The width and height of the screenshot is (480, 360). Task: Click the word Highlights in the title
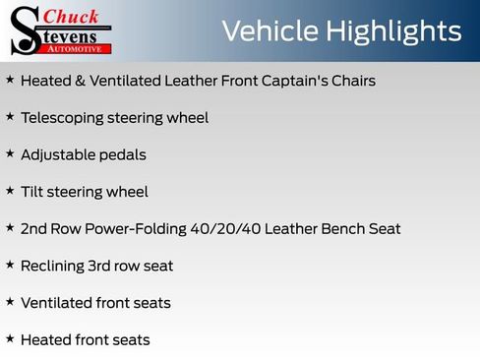[398, 31]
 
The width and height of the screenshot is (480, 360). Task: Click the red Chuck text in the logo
[70, 17]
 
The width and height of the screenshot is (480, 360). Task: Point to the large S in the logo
[24, 30]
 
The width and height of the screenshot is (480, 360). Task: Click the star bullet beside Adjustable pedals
[10, 153]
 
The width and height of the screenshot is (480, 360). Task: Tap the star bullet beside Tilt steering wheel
[10, 191]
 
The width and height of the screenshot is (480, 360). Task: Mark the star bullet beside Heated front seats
[10, 338]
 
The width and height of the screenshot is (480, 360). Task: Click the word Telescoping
[62, 118]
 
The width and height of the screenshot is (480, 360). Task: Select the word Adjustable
[57, 155]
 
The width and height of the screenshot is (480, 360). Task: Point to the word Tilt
[32, 192]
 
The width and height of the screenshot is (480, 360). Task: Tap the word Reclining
[54, 266]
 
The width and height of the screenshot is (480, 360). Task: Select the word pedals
[123, 155]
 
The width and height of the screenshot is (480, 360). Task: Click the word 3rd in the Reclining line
[106, 266]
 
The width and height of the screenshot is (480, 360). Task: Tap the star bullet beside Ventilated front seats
[10, 301]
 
